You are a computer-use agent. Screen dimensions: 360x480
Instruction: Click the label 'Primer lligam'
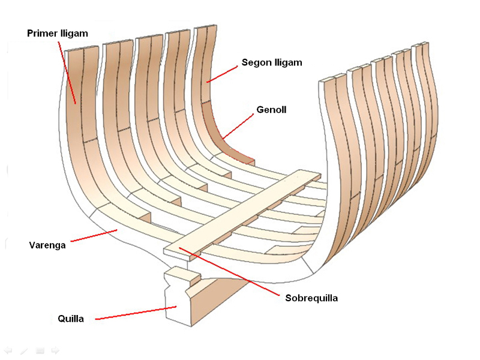pyautogui.click(x=58, y=34)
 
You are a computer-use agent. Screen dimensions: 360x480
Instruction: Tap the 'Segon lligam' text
pyautogui.click(x=271, y=62)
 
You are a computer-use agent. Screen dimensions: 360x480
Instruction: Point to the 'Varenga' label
pyautogui.click(x=47, y=245)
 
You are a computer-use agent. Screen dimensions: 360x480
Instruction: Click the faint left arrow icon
pyautogui.click(x=8, y=350)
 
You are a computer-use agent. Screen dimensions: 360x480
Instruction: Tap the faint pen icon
pyautogui.click(x=23, y=350)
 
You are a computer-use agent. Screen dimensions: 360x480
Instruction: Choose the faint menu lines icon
pyautogui.click(x=40, y=350)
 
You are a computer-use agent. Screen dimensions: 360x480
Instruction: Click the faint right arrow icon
pyautogui.click(x=55, y=350)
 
